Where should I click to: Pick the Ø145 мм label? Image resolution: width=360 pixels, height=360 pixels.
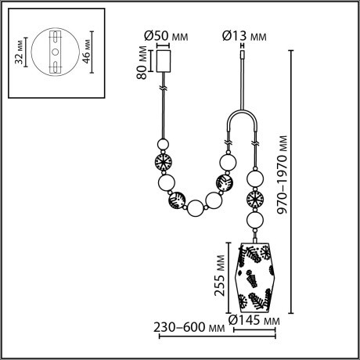pos(255,319)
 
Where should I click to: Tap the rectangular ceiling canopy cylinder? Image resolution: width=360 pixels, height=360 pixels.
pos(164,62)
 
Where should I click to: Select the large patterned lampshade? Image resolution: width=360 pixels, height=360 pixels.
pos(254,271)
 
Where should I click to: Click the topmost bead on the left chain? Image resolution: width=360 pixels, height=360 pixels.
pos(164,146)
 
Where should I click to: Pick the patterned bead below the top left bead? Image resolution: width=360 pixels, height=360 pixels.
pos(164,165)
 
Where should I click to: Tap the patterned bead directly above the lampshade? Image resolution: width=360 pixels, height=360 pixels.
pos(254,198)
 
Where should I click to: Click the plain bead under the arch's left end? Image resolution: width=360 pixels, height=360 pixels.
pos(227,162)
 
